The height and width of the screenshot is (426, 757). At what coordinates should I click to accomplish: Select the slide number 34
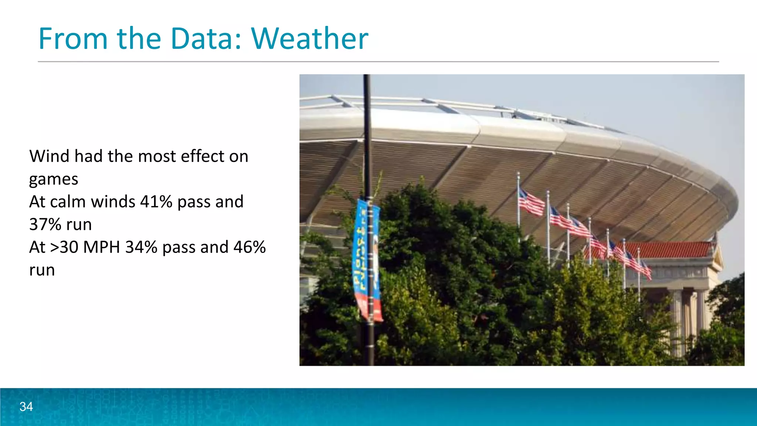26,407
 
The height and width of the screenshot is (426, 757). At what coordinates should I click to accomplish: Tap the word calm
68,202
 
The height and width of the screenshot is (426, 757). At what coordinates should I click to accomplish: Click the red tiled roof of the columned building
673,250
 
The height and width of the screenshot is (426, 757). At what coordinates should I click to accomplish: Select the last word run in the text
42,270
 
